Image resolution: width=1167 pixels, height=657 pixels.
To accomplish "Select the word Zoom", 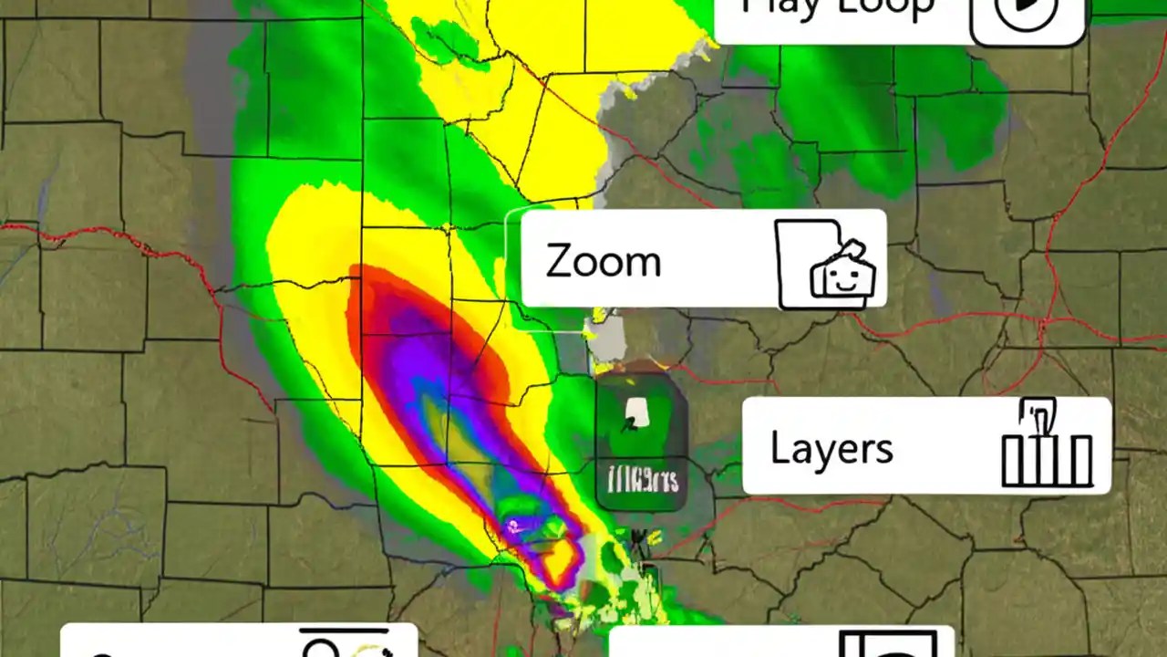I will click(x=603, y=262).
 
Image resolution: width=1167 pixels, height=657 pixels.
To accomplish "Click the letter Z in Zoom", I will click(x=558, y=262).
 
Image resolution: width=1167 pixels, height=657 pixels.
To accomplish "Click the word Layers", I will click(x=831, y=448).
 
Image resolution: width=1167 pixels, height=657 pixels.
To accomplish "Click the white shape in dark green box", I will click(x=633, y=415).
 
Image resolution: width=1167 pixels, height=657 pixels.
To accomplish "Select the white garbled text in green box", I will click(x=643, y=479).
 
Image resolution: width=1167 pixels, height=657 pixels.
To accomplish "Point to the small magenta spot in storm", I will click(x=514, y=525).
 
